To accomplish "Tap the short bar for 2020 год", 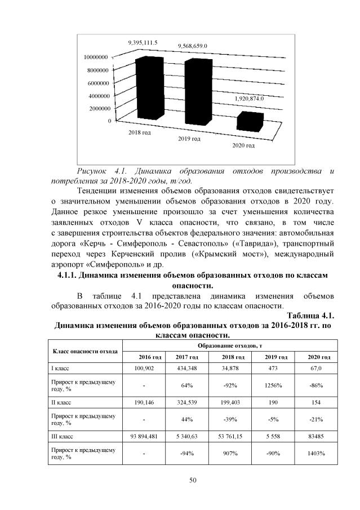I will tap(250, 121).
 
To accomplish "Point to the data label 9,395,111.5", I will tap(143, 42).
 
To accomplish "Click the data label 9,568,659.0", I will tap(193, 45).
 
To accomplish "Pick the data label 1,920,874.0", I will tap(248, 98).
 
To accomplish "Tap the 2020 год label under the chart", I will tap(243, 146).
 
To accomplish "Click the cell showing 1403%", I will tap(315, 454).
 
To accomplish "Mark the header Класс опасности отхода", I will tap(85, 351).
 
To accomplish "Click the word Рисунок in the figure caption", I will tap(93, 171).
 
